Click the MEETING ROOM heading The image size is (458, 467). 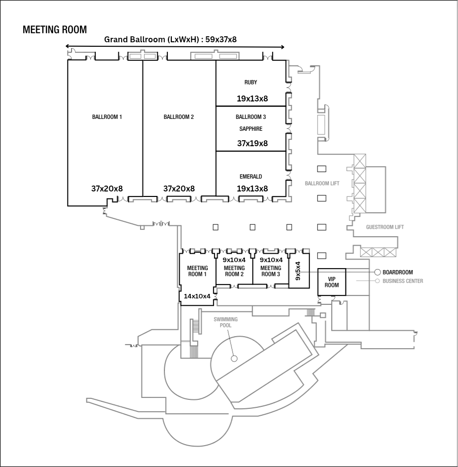point(55,30)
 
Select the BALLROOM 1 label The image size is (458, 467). point(107,117)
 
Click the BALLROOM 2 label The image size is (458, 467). point(178,117)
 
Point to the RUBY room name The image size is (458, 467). point(251,82)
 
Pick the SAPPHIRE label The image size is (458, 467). point(251,129)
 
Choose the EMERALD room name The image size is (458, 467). point(251,177)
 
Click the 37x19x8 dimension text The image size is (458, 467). point(252,143)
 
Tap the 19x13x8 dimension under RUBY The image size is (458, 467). point(252,98)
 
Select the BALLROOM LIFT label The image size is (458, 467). point(322,184)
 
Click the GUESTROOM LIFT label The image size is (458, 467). point(385,227)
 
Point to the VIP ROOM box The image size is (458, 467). point(331,282)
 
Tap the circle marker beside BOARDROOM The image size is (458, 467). point(378,273)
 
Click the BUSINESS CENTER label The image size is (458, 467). point(403,281)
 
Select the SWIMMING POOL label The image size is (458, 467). point(226,322)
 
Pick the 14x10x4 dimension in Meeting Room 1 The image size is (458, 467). point(197,296)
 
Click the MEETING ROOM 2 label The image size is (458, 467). point(234,271)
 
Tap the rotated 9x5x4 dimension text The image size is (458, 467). point(298,271)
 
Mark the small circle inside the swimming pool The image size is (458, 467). point(234,358)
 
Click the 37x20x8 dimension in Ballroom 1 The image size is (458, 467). point(107,188)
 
